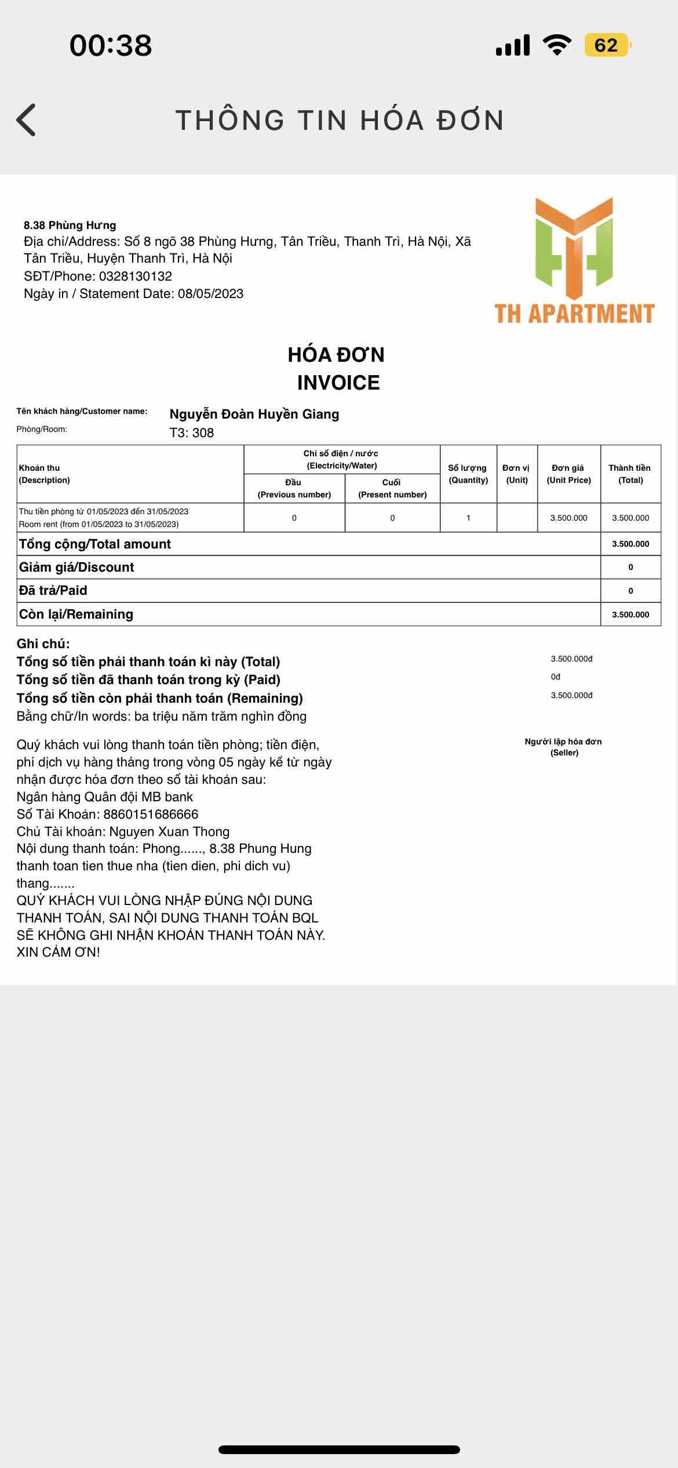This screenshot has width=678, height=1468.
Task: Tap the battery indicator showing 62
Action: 607,45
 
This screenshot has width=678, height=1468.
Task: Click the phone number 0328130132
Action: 136,276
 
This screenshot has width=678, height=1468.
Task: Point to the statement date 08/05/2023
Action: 210,293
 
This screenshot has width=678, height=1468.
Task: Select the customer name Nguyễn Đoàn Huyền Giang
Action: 254,414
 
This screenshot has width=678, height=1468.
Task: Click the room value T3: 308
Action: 192,433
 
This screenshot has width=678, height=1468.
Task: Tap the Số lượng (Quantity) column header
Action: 468,474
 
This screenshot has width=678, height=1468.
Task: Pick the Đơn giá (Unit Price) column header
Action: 568,474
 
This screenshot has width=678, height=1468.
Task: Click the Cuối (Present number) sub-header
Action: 392,488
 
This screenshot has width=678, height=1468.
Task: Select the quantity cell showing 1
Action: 468,518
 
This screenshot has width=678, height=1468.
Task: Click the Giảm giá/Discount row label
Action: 76,567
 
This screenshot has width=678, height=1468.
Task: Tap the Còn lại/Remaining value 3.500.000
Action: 630,615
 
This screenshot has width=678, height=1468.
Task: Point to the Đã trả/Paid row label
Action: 53,590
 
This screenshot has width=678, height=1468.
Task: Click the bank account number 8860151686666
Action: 151,814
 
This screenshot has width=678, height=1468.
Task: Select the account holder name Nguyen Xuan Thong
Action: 169,831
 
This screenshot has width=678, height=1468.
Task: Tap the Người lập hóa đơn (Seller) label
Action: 563,747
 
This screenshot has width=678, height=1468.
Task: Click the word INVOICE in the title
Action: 338,383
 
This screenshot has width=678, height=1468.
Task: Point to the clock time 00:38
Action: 111,45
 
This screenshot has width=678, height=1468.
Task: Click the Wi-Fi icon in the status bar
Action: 557,45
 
